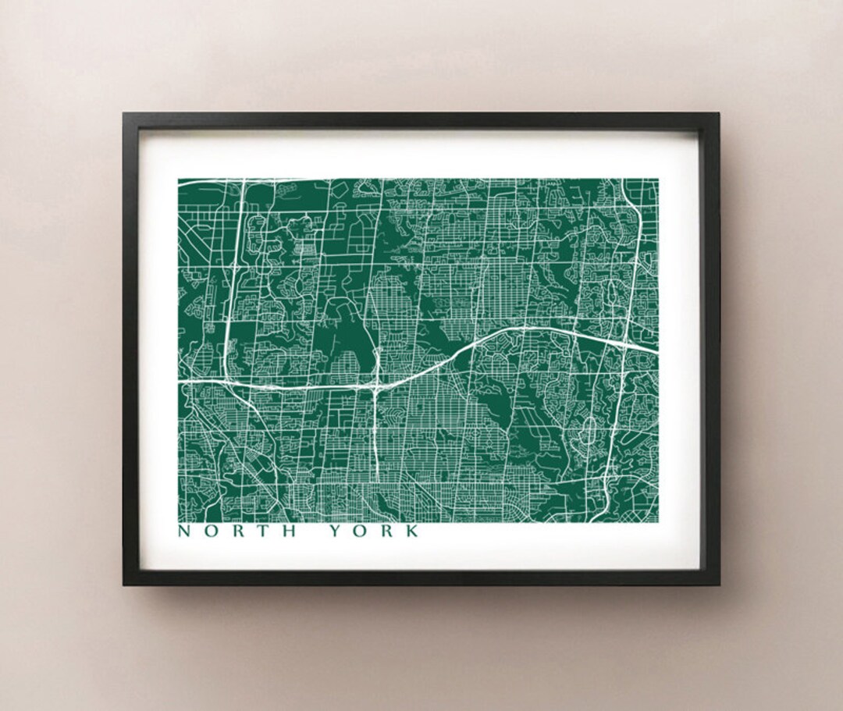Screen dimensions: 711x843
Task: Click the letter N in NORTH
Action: pyautogui.click(x=184, y=532)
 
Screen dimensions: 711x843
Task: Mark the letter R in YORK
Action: pyautogui.click(x=386, y=532)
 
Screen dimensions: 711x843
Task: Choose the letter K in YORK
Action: pyautogui.click(x=412, y=532)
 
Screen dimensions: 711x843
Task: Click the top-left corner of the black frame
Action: pyautogui.click(x=123, y=113)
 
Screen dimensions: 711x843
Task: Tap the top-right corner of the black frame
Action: pyautogui.click(x=719, y=113)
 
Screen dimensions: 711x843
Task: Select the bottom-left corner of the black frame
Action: pyautogui.click(x=123, y=585)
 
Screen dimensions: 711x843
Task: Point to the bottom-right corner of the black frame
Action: pyautogui.click(x=719, y=585)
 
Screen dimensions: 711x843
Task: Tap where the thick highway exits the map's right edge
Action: pyautogui.click(x=656, y=350)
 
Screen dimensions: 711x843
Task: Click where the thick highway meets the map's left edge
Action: pyautogui.click(x=180, y=381)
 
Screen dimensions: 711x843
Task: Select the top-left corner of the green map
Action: pyautogui.click(x=179, y=180)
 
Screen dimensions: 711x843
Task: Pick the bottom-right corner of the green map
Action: pyautogui.click(x=657, y=521)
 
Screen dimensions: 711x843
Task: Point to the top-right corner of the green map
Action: pyautogui.click(x=657, y=180)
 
